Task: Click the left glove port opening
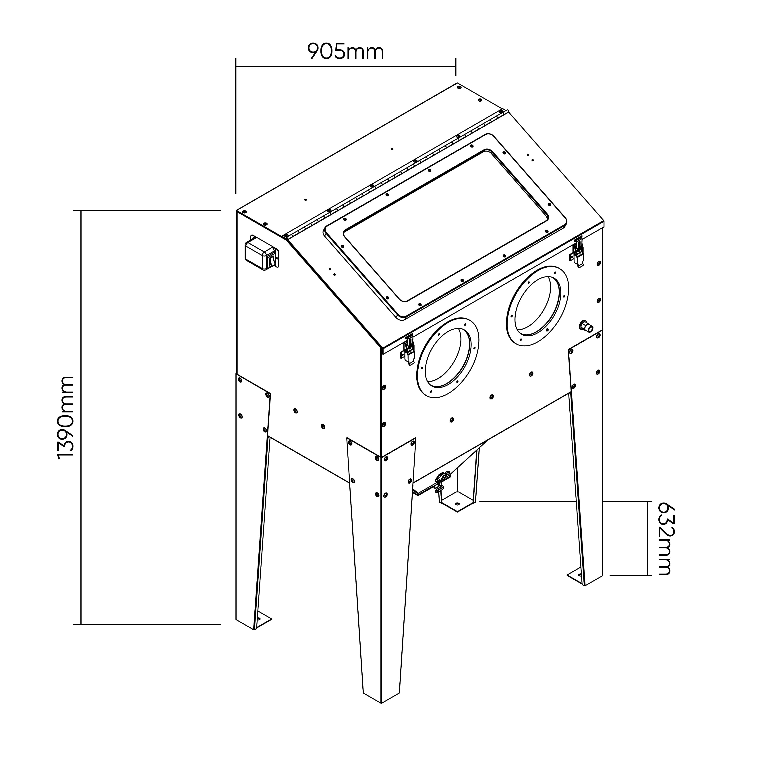448,358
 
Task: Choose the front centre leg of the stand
381,570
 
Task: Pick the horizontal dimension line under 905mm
345,67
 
